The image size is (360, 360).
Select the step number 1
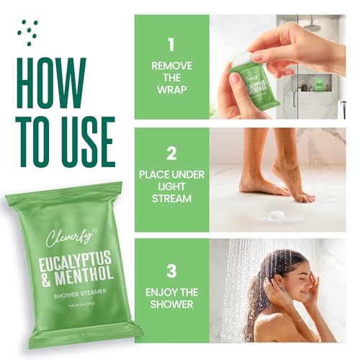tap(171, 45)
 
